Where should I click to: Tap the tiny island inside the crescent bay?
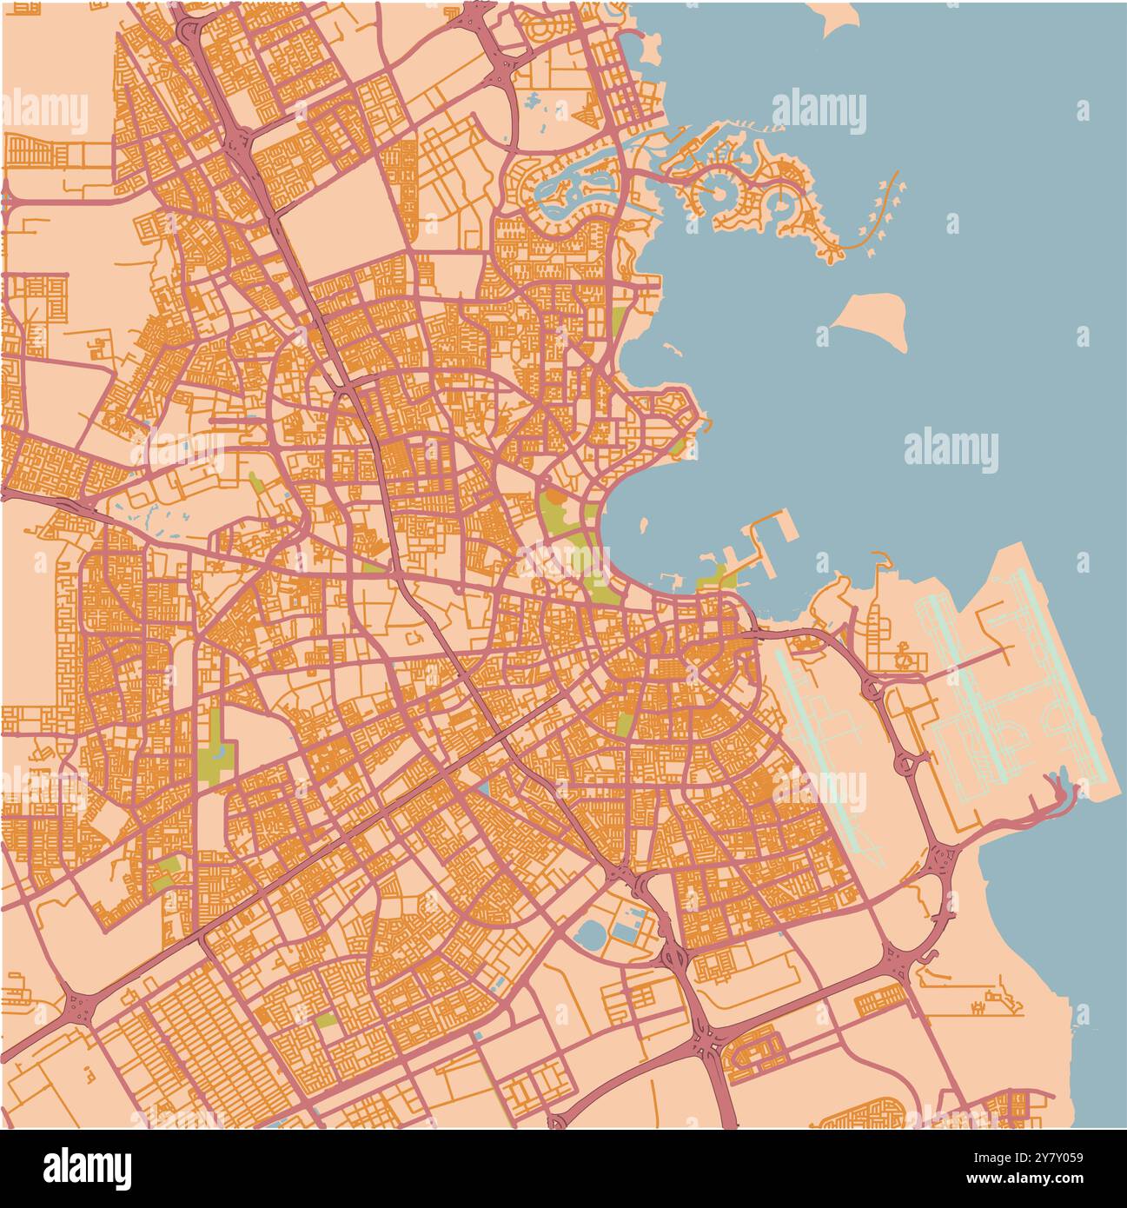pos(644,525)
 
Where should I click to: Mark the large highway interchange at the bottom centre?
pos(708,1039)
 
